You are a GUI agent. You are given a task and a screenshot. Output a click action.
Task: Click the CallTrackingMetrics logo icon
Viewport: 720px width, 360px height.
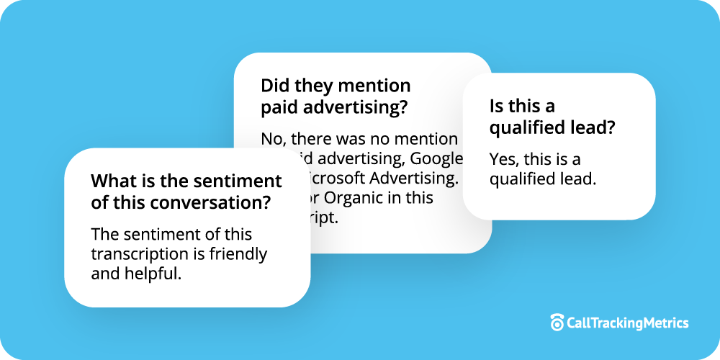tap(557, 323)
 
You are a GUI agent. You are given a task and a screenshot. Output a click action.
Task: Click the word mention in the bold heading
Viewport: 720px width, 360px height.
tap(373, 86)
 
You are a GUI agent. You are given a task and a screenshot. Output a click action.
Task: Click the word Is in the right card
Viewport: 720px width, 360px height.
tap(497, 107)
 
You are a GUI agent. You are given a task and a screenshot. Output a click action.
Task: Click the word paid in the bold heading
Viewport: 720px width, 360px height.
tap(276, 108)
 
